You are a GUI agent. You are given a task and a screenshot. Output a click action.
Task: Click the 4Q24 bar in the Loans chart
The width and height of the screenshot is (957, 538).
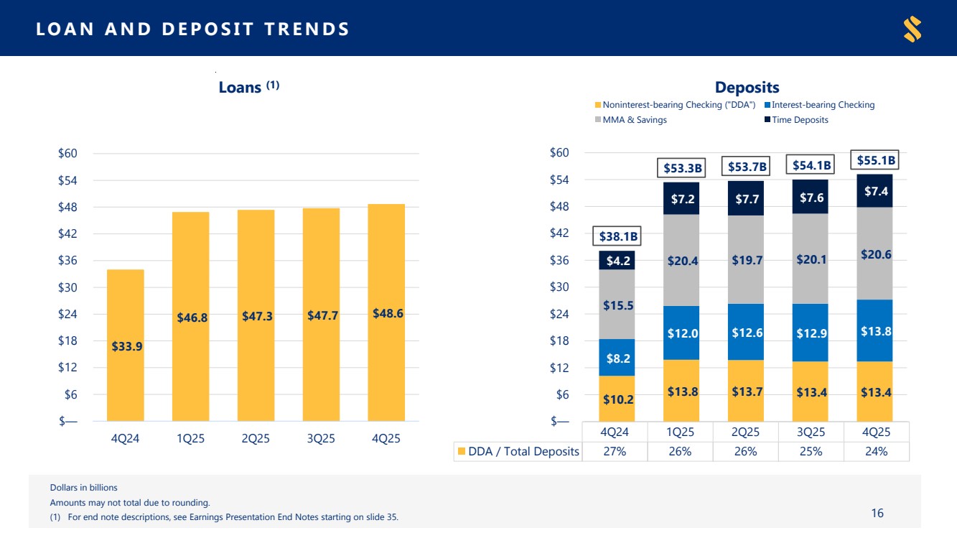(x=126, y=345)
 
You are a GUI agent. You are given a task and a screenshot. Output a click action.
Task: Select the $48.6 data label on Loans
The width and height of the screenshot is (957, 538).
(x=388, y=314)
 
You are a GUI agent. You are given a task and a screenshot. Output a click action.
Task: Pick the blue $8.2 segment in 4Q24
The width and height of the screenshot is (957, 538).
(x=616, y=358)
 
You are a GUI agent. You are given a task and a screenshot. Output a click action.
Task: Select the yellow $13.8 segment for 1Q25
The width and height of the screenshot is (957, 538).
(x=681, y=391)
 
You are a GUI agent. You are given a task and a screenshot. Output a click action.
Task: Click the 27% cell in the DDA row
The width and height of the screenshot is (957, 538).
(x=615, y=452)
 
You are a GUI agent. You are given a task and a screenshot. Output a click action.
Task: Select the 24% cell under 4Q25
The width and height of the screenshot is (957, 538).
(x=876, y=452)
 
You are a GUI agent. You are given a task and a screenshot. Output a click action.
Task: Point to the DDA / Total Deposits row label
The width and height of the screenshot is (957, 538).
(x=518, y=452)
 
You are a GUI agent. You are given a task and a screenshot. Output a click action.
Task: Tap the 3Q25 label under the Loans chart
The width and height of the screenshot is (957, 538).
(x=321, y=439)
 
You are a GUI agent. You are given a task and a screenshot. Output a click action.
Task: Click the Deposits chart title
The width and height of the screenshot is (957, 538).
(x=747, y=88)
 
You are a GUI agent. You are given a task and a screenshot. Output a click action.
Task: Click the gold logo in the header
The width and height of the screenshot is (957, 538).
(x=912, y=29)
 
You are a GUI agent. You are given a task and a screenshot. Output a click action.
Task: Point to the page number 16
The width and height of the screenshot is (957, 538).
(x=877, y=513)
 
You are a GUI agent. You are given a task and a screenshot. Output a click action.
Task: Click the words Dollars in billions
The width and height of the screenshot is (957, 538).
(x=83, y=488)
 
